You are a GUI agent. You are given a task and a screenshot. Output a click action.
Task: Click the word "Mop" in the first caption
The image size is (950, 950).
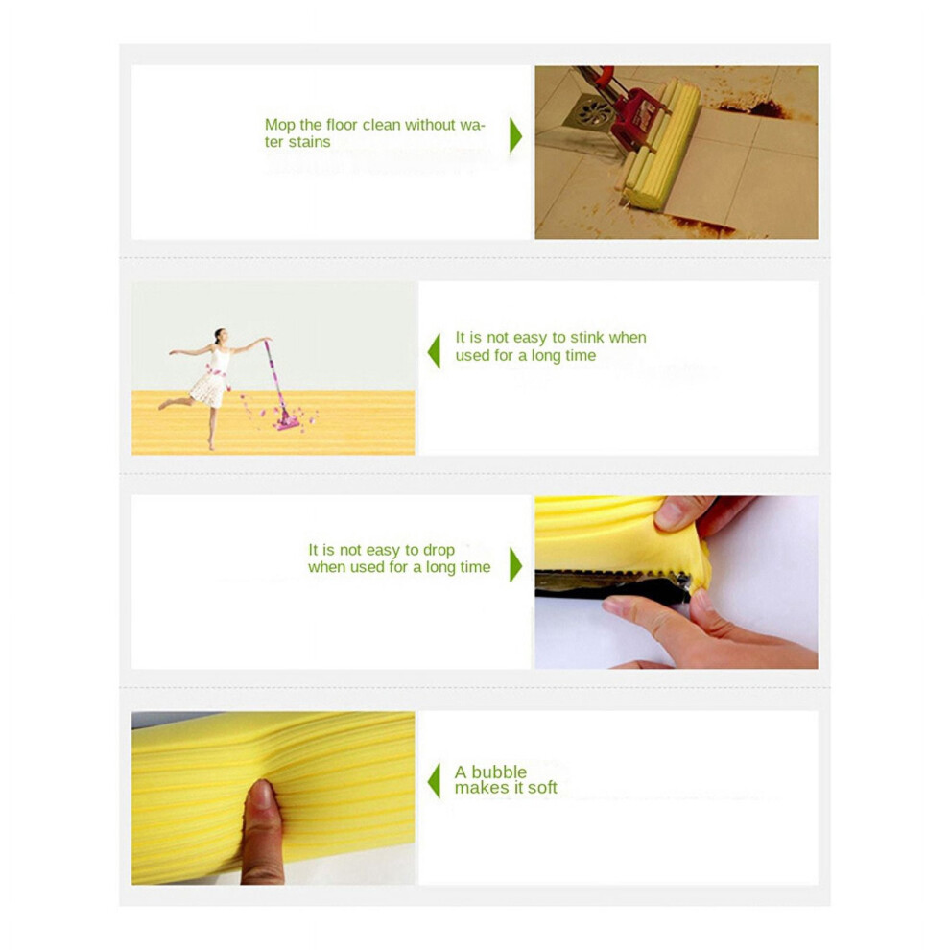coord(280,126)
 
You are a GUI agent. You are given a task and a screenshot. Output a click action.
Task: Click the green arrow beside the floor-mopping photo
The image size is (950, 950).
coord(515,135)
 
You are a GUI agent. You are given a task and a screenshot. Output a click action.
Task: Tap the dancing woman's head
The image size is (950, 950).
coord(220,336)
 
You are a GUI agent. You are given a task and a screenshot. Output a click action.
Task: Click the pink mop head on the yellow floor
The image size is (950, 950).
coord(287,422)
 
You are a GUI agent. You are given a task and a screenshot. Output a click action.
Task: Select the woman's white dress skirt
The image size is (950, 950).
coord(209,389)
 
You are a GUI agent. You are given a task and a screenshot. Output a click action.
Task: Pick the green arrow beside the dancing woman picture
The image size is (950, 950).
coord(434,351)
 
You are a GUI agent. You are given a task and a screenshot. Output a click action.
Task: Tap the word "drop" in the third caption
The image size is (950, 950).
coord(439,550)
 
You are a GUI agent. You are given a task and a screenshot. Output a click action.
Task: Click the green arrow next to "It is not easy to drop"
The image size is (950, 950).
coord(515,564)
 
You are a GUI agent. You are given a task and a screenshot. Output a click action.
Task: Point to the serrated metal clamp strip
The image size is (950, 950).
coord(612,575)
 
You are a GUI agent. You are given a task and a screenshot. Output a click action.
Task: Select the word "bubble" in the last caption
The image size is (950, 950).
coord(499,772)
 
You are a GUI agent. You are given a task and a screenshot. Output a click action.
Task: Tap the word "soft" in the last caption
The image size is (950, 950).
coord(541,788)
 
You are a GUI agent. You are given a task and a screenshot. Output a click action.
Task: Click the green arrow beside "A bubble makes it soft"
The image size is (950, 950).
coord(434,780)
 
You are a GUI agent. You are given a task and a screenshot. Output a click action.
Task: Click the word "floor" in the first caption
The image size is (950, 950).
coord(342,126)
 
